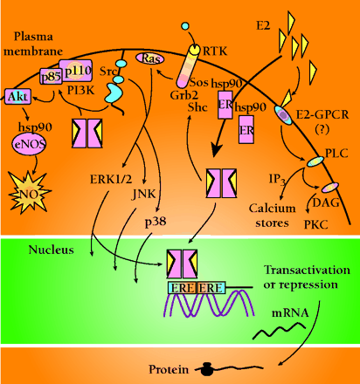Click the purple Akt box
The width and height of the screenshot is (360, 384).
(x=17, y=96)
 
